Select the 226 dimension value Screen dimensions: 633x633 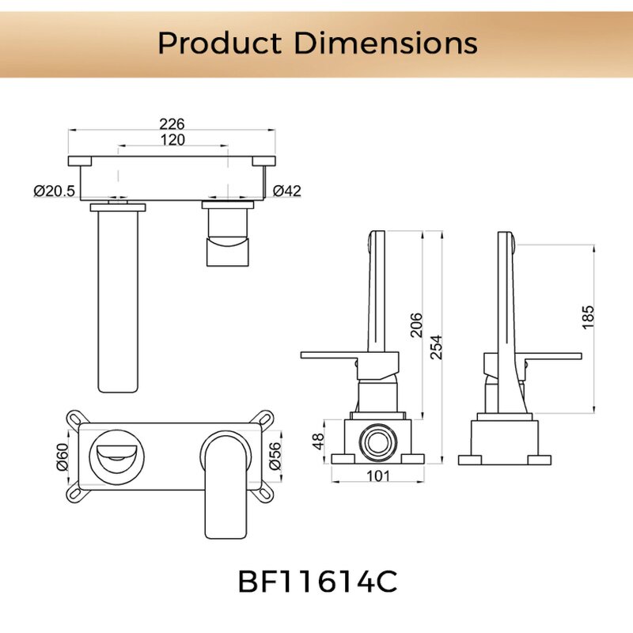point(172,123)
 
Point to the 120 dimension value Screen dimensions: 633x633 point(172,140)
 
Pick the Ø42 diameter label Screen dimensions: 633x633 point(286,191)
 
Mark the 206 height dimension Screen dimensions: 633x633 point(416,324)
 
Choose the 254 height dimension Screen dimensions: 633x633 point(435,347)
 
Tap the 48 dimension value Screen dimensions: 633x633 point(320,440)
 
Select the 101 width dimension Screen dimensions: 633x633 point(377,476)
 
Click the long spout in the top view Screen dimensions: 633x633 point(118,301)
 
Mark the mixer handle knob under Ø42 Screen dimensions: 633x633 point(227,237)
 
